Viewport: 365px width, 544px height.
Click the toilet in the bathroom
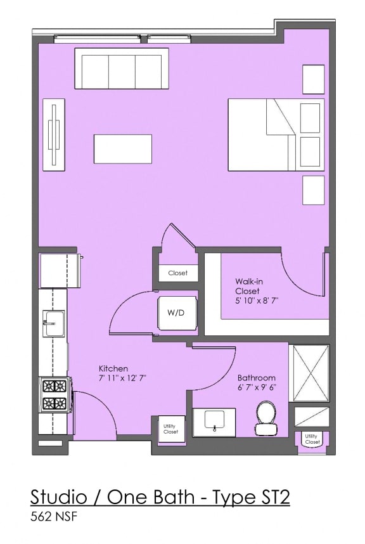266,418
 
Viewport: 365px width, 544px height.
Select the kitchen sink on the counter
54,323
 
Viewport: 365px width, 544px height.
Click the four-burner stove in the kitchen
54,394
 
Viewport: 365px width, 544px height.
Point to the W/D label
176,313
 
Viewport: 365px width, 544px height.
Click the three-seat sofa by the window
122,68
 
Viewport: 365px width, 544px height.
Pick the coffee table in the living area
123,149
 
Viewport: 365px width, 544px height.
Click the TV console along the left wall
54,134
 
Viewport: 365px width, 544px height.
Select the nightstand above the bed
313,79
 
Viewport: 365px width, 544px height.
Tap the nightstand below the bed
313,190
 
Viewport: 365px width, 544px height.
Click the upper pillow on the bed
311,117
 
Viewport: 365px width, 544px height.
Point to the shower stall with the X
309,373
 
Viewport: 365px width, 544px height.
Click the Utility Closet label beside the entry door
170,429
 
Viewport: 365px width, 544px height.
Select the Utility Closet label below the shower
312,439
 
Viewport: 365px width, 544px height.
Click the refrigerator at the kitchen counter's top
59,271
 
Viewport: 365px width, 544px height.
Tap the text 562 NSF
54,517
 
